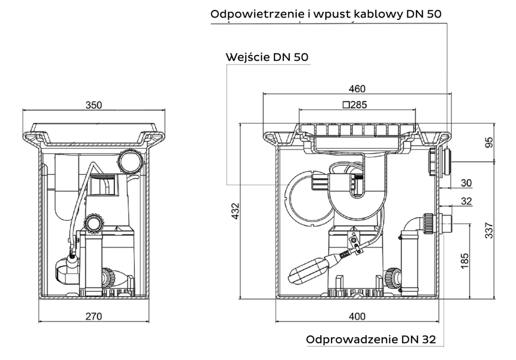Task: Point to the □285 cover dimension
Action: tap(354, 105)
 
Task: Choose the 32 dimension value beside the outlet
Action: tap(465, 201)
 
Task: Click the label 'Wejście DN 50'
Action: tap(267, 57)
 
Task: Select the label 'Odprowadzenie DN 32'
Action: tap(370, 340)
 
